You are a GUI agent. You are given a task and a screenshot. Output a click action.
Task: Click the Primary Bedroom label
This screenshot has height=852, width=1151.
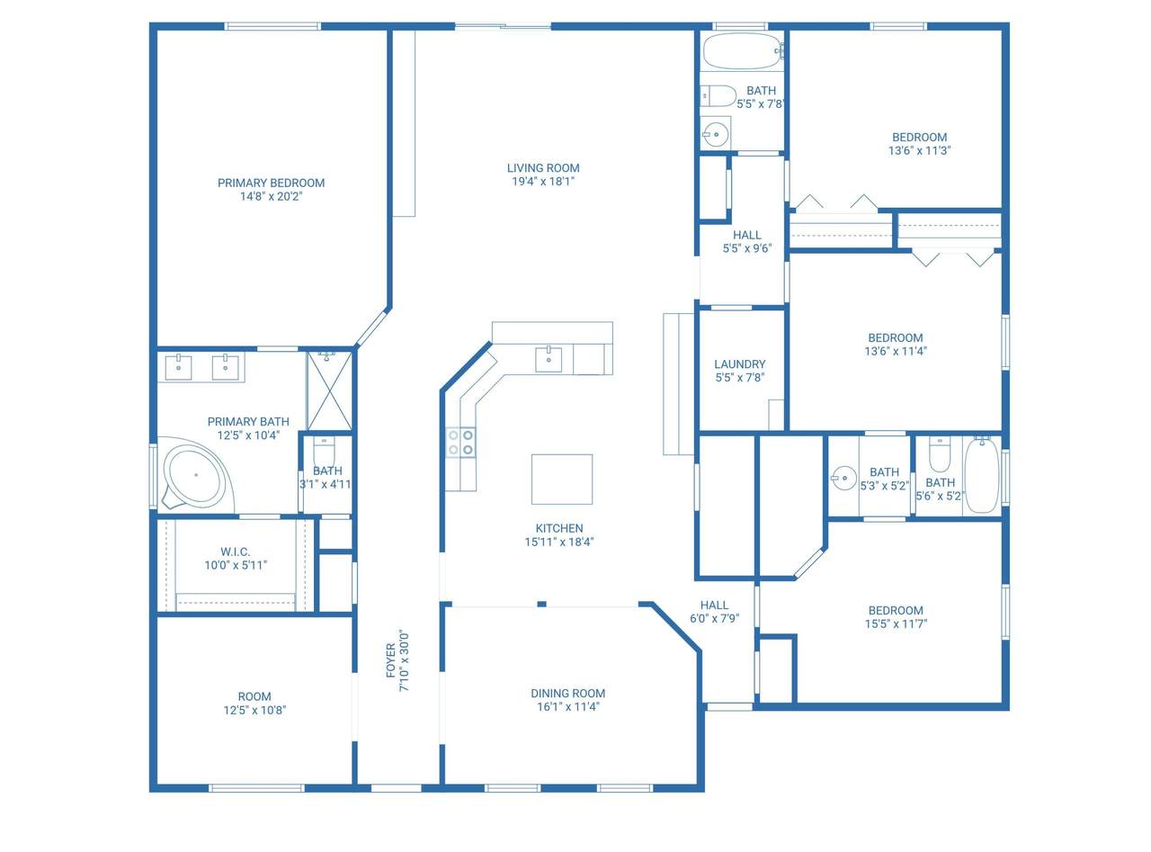click(x=271, y=184)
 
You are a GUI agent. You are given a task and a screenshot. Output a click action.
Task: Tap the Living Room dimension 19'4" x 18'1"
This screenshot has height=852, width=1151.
click(x=543, y=181)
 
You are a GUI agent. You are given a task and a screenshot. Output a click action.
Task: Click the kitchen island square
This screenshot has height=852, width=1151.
click(x=561, y=480)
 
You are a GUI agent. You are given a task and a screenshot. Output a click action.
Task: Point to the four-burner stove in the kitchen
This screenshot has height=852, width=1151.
click(x=460, y=443)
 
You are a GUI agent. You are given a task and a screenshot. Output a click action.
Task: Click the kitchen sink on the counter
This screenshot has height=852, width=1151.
click(x=548, y=359)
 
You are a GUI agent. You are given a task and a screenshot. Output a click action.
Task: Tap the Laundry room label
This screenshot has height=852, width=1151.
click(x=739, y=364)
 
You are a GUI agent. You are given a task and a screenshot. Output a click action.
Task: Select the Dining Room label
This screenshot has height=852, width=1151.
click(x=567, y=693)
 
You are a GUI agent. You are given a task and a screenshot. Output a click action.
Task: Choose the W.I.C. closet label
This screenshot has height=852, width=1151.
click(x=235, y=552)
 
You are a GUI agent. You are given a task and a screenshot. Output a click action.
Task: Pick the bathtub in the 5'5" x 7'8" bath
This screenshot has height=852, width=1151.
click(x=743, y=51)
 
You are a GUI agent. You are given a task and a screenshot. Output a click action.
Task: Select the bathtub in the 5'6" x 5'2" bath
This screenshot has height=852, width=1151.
click(x=982, y=475)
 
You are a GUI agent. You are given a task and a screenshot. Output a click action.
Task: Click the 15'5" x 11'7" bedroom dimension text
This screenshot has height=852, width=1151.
click(x=896, y=623)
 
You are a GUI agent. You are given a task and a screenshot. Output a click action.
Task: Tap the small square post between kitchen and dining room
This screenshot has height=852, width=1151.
click(x=541, y=604)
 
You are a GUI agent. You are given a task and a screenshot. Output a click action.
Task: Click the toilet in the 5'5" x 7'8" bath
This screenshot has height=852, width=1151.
click(x=718, y=96)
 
